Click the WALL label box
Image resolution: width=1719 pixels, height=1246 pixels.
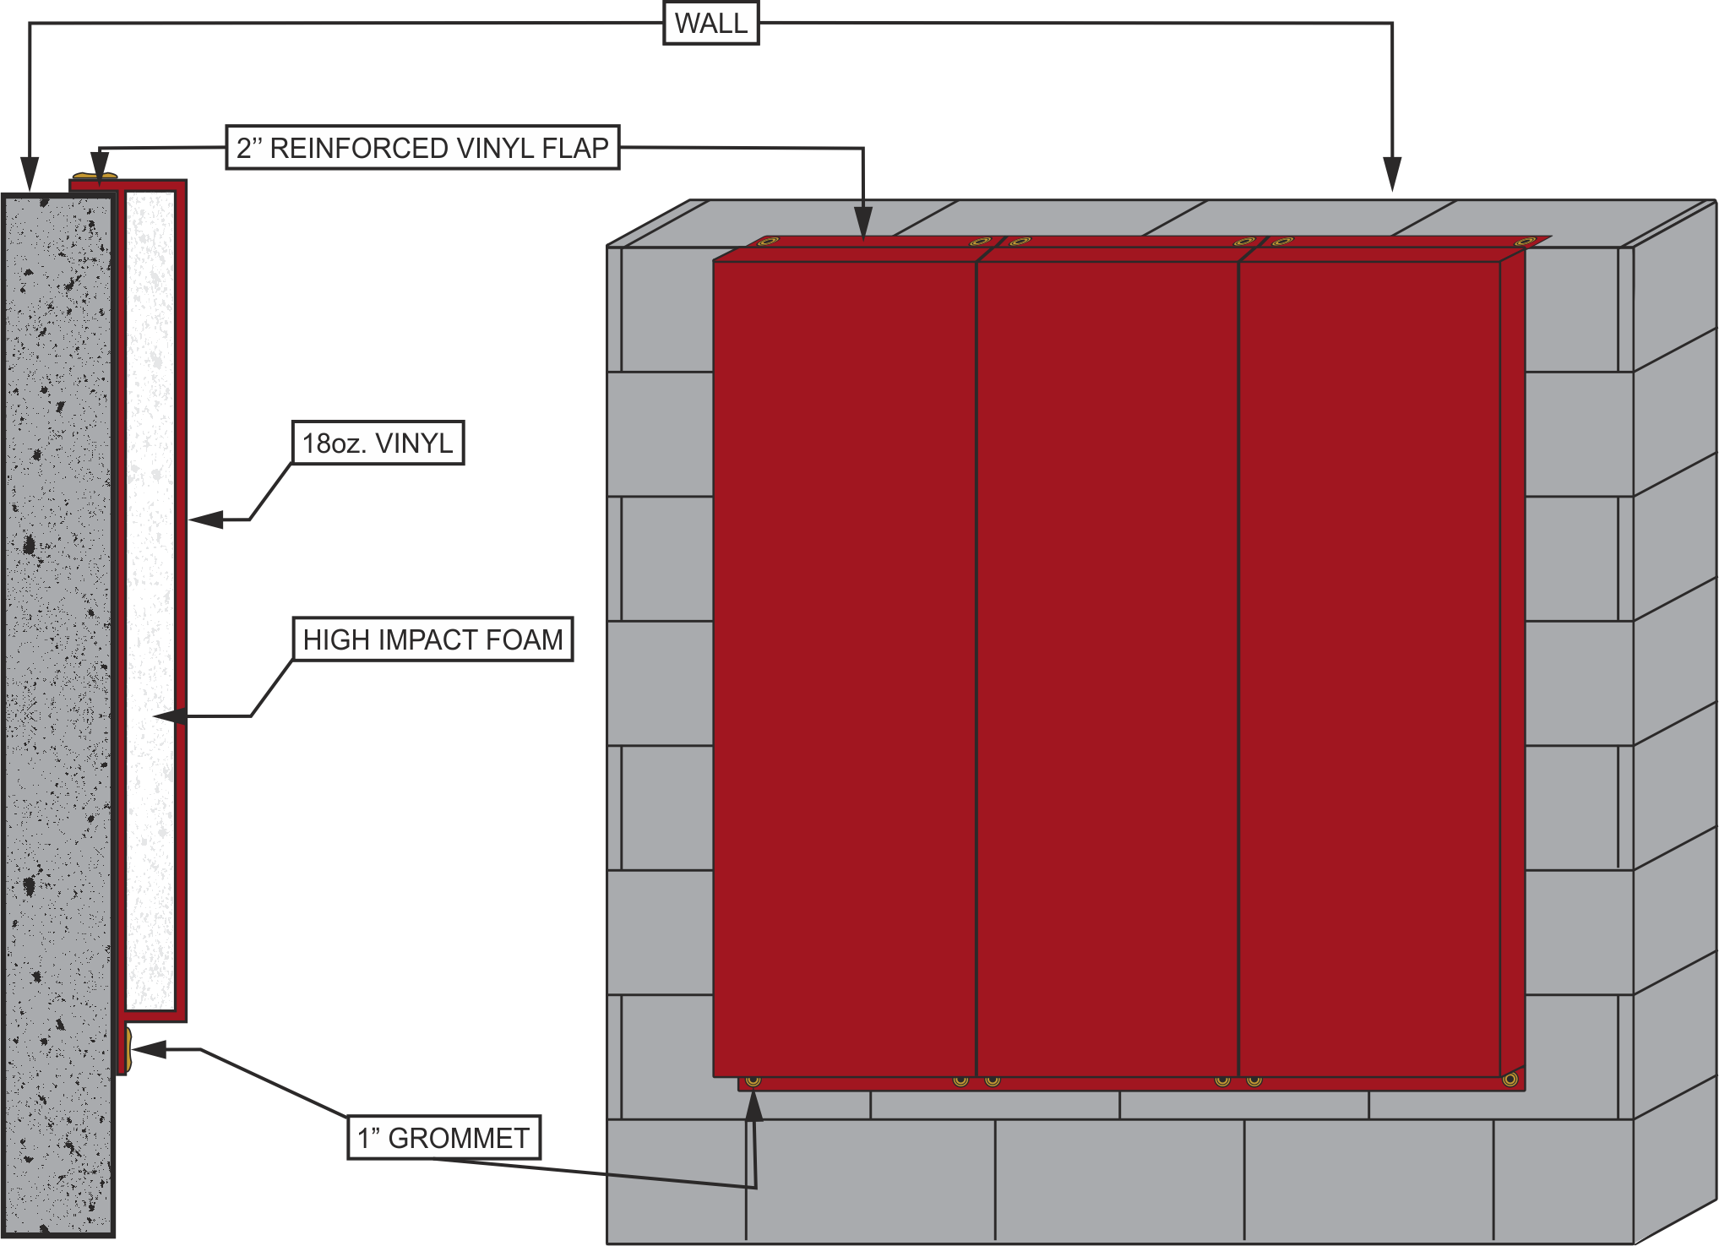pyautogui.click(x=710, y=23)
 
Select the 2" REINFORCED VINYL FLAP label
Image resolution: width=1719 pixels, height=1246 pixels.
pyautogui.click(x=422, y=148)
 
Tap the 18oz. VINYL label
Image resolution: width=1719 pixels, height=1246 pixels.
pyautogui.click(x=378, y=443)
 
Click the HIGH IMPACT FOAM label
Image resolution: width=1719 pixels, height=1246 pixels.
pyautogui.click(x=432, y=639)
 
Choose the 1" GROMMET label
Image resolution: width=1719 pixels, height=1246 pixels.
pyautogui.click(x=443, y=1137)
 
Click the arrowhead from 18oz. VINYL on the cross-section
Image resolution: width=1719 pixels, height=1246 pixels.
pyautogui.click(x=205, y=520)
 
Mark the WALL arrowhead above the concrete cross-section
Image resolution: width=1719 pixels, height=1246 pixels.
pyautogui.click(x=30, y=174)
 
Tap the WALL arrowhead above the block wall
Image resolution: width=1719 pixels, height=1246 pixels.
pyautogui.click(x=1392, y=174)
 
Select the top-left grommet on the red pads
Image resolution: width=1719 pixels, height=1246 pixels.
pyautogui.click(x=767, y=242)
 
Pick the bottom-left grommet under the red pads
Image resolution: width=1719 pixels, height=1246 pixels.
pyautogui.click(x=753, y=1080)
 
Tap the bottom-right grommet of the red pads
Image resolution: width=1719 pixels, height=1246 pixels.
pyautogui.click(x=1510, y=1080)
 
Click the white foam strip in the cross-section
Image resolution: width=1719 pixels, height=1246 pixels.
pyautogui.click(x=150, y=600)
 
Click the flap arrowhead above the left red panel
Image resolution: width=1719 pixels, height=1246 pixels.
pyautogui.click(x=863, y=223)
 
